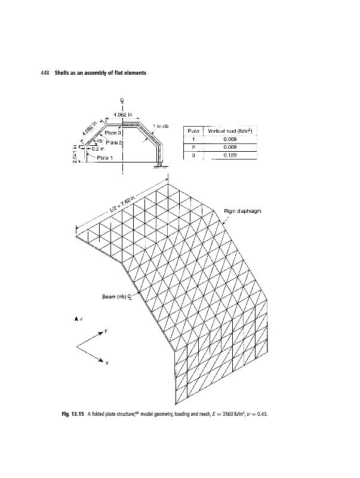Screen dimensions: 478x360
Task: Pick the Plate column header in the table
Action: click(193, 130)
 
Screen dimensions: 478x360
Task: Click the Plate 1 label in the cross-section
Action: click(105, 158)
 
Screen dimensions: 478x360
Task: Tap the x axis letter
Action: click(109, 362)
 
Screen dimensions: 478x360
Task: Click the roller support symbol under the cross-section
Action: click(158, 167)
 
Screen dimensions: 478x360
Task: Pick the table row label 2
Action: click(193, 147)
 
